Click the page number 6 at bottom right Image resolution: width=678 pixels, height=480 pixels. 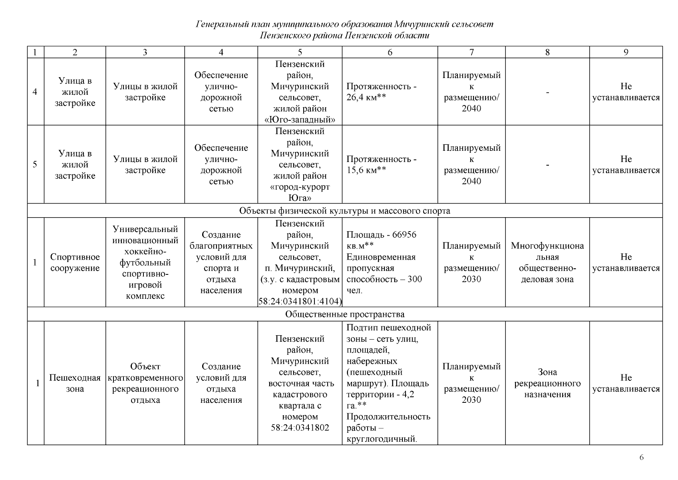(641, 458)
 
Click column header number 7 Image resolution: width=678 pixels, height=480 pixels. (471, 52)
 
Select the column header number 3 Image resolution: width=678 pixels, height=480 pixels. (145, 52)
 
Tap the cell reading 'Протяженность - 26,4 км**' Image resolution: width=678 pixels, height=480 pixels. (381, 92)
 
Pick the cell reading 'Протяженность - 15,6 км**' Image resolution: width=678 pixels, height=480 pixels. (381, 165)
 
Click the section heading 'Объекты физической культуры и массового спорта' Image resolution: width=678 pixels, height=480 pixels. (344, 211)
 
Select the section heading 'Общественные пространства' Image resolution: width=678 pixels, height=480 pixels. (344, 314)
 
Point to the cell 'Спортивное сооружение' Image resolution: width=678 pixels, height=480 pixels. (75, 262)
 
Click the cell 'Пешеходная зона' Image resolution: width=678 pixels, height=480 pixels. (75, 383)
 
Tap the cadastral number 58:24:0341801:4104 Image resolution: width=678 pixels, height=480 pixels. (300, 301)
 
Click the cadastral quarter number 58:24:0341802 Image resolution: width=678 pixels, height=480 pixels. (300, 428)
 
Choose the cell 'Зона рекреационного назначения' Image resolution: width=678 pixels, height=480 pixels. (547, 383)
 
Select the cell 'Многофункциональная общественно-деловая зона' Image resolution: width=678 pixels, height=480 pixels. (547, 262)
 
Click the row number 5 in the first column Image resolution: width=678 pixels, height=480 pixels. (35, 164)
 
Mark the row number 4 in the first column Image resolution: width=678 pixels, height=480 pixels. (35, 92)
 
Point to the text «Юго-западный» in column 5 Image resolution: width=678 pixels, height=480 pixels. (300, 120)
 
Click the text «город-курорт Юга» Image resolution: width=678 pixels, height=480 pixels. (300, 193)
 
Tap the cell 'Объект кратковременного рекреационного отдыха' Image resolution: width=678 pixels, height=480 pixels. (145, 383)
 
